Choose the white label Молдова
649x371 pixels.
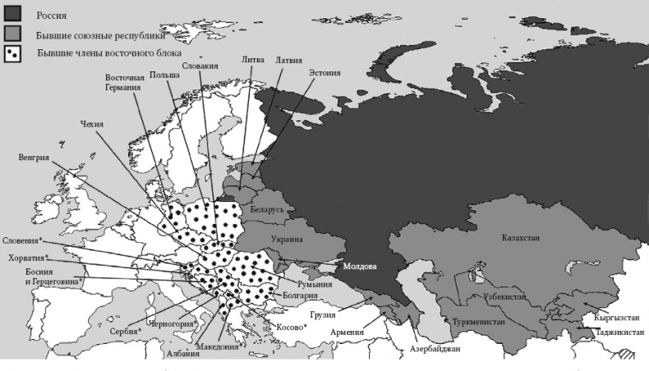point(358,267)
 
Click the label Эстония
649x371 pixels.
point(324,72)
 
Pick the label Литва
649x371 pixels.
point(253,59)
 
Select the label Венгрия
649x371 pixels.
point(34,157)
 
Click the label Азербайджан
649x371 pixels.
point(435,349)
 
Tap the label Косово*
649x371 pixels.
point(292,326)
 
